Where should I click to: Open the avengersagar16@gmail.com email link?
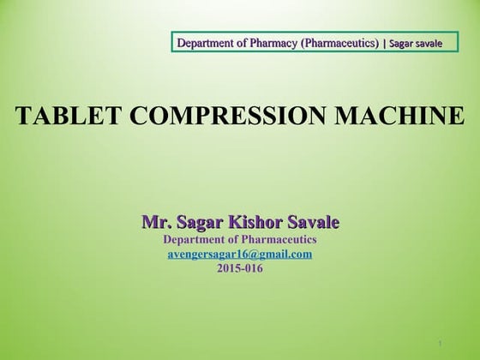coord(239,255)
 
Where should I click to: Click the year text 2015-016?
coord(240,268)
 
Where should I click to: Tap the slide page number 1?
coord(438,344)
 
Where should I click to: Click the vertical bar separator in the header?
coord(383,42)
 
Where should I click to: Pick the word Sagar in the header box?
coord(402,42)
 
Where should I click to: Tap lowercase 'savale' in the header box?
coord(430,42)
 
